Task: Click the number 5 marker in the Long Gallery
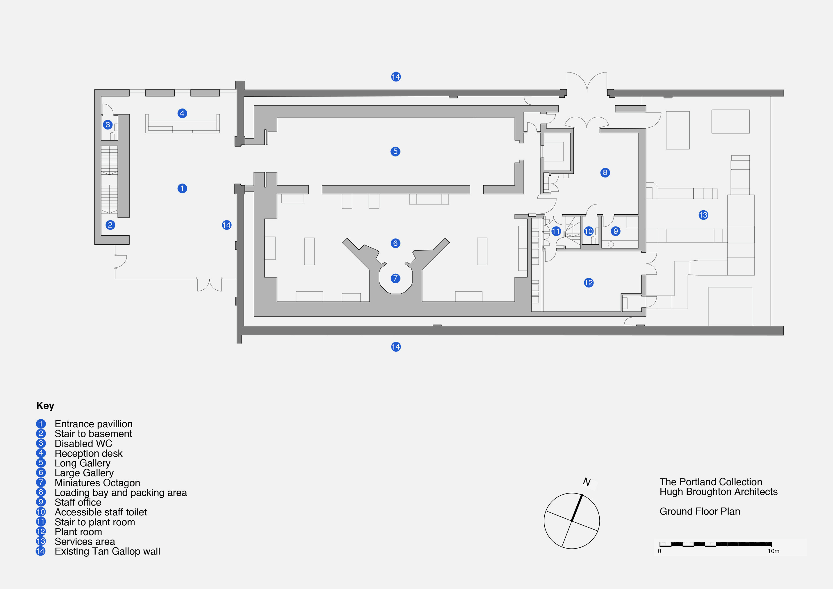[396, 152]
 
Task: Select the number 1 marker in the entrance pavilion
[182, 188]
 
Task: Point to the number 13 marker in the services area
[703, 215]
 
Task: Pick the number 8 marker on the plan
[605, 172]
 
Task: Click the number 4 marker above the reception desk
[182, 113]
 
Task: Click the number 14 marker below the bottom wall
[396, 347]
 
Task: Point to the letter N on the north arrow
[587, 482]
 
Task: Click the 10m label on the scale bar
[773, 551]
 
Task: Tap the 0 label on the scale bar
[659, 551]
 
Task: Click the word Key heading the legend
[45, 406]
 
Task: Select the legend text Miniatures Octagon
[97, 483]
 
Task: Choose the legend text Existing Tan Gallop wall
[107, 551]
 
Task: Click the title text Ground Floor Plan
[700, 512]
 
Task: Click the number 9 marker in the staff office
[615, 231]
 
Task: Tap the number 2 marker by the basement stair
[110, 225]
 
